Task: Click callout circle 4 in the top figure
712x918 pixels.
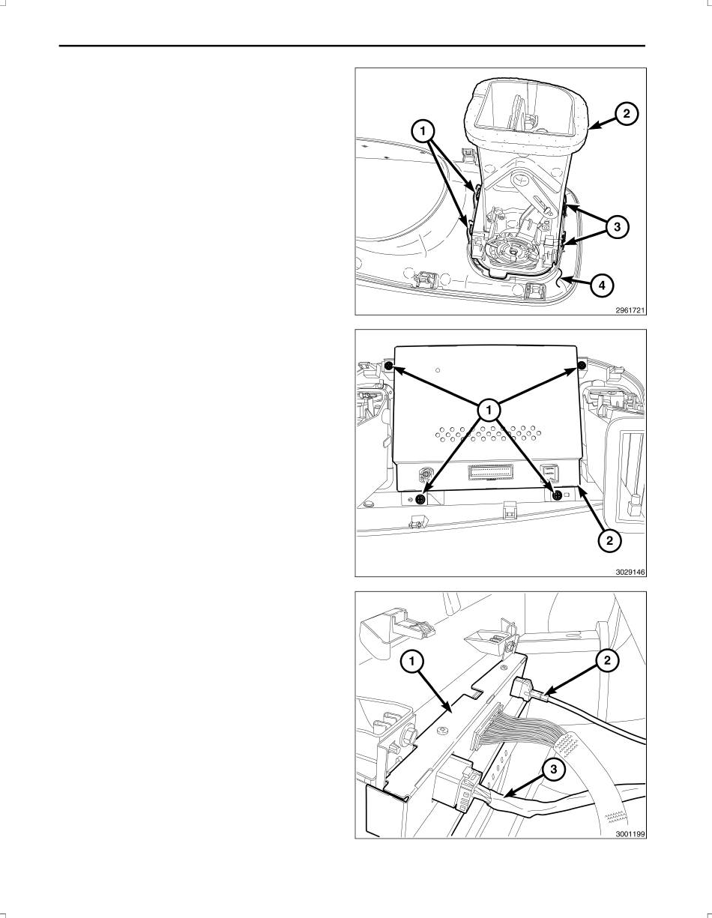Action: pyautogui.click(x=602, y=286)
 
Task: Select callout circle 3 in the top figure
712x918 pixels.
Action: pyautogui.click(x=617, y=227)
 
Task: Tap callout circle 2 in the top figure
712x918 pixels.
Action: pyautogui.click(x=627, y=114)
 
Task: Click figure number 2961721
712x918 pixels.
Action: pyautogui.click(x=630, y=310)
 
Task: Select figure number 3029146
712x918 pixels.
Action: pyautogui.click(x=630, y=573)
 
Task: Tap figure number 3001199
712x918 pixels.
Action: pyautogui.click(x=630, y=834)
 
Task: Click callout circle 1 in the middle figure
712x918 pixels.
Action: pyautogui.click(x=489, y=409)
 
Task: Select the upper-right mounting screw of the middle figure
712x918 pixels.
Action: pyautogui.click(x=581, y=365)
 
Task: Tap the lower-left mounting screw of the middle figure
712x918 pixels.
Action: pyautogui.click(x=420, y=499)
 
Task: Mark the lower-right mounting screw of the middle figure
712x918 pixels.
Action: pyautogui.click(x=557, y=495)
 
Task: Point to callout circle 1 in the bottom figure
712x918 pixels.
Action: pyautogui.click(x=411, y=662)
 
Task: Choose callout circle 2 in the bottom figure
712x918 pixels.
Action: pyautogui.click(x=607, y=661)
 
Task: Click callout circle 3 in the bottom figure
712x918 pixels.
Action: pyautogui.click(x=553, y=770)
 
